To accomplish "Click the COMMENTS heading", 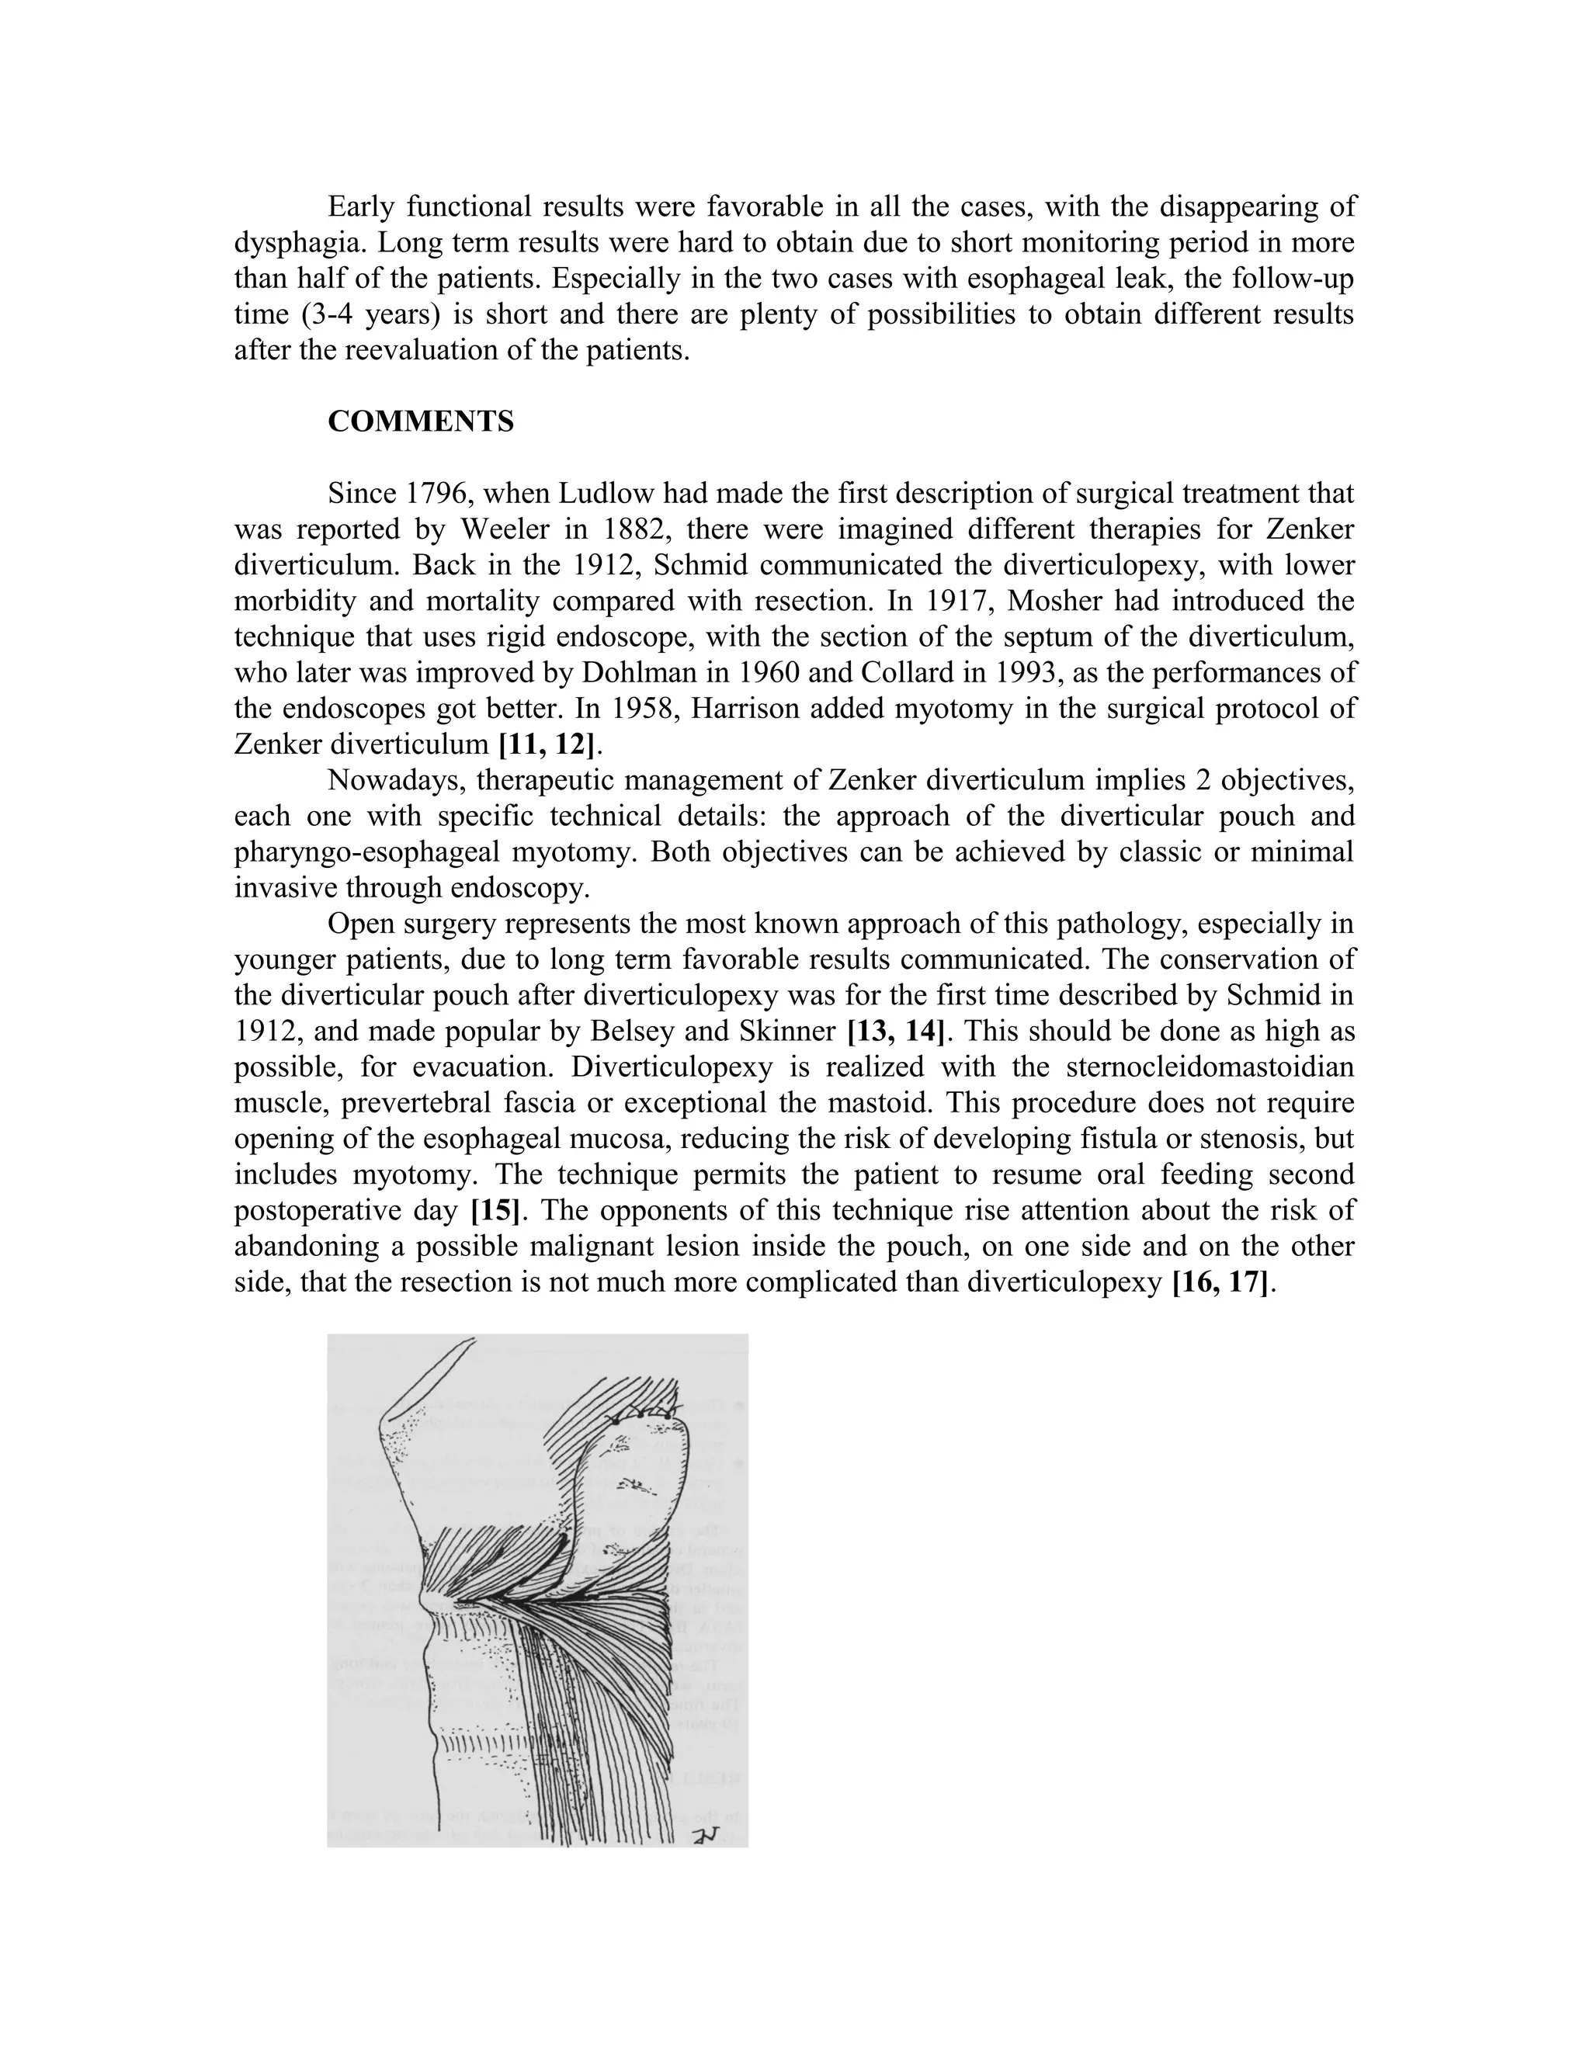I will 420,421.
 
